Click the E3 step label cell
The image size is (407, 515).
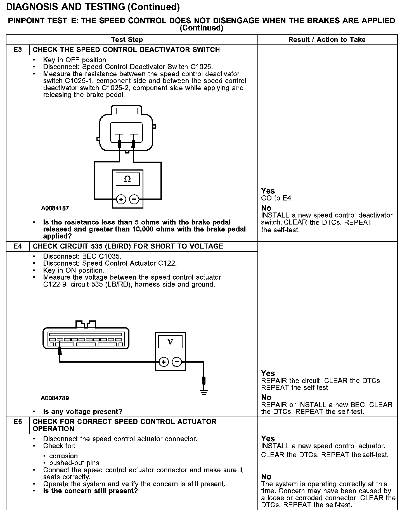click(18, 50)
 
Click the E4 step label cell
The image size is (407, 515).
click(18, 246)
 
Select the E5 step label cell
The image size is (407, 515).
click(18, 422)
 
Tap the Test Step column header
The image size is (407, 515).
click(127, 40)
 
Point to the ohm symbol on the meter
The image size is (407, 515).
click(127, 179)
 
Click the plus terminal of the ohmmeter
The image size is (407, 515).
click(121, 199)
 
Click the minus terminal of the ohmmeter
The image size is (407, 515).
click(134, 199)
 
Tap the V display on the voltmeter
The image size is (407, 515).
click(170, 342)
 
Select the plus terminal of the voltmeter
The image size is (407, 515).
click(164, 362)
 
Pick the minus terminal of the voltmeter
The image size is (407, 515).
click(177, 362)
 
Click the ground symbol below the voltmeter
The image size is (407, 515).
click(204, 392)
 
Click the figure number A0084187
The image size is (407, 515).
click(55, 208)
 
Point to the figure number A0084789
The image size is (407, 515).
click(55, 398)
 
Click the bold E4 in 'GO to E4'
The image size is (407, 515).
click(287, 199)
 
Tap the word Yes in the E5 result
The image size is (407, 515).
click(268, 438)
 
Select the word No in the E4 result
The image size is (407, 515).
click(266, 397)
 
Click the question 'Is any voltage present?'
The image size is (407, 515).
click(83, 412)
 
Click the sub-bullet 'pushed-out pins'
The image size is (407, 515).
click(74, 463)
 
